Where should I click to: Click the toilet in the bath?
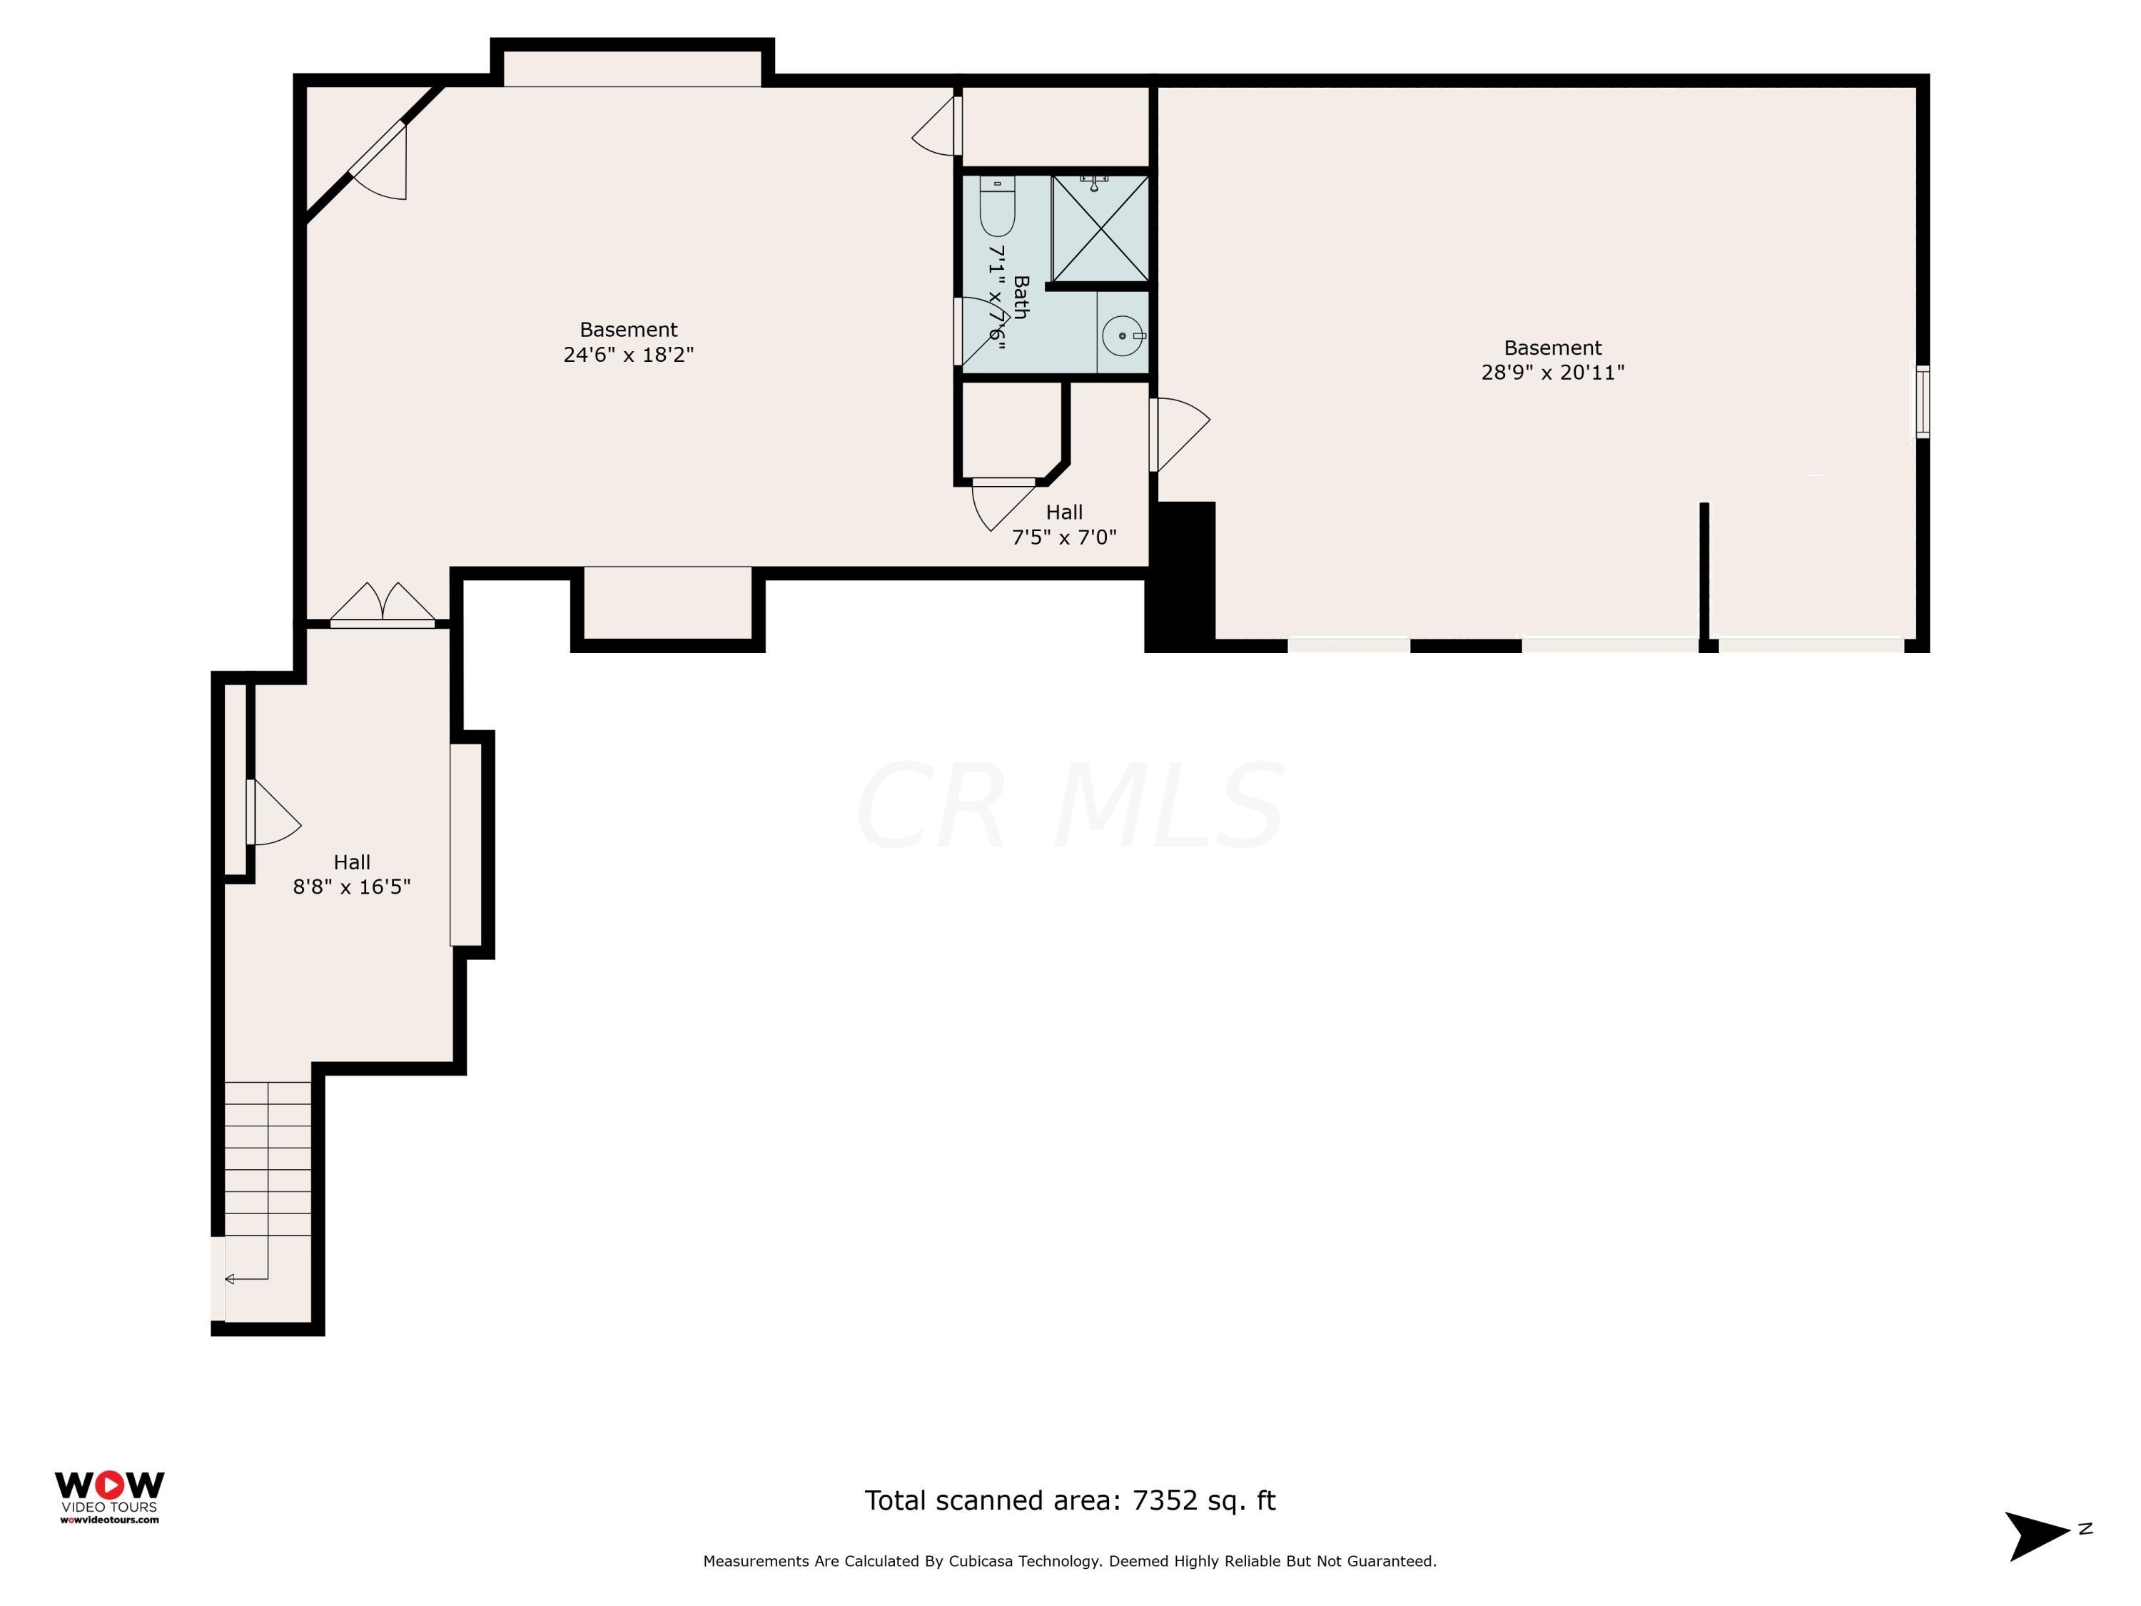tap(997, 206)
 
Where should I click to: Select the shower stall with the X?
tap(1100, 228)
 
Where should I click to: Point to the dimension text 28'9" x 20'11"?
tap(1552, 372)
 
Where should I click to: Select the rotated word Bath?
tap(1020, 297)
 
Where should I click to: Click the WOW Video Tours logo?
tap(109, 1498)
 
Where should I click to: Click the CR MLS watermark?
tap(1070, 807)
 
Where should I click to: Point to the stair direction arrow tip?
tap(226, 1279)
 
